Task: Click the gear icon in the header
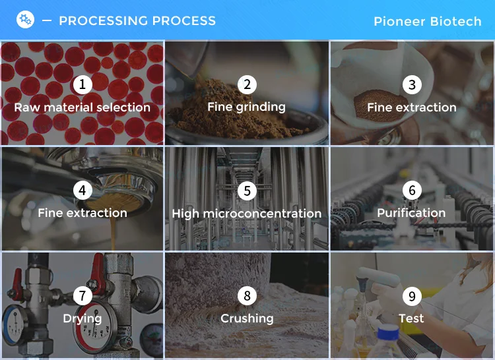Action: point(25,20)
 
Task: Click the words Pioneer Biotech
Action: point(428,22)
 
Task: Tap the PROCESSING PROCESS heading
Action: point(137,21)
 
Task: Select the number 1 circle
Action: point(82,84)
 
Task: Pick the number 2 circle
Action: point(247,84)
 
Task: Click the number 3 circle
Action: point(412,84)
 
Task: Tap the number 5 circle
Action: point(247,191)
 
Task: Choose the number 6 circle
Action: point(412,191)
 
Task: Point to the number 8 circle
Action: point(247,296)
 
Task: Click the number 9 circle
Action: point(412,296)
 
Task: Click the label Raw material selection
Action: point(82,107)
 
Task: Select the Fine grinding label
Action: point(247,107)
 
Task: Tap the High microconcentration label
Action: point(247,214)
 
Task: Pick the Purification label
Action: point(411,213)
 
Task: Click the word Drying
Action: point(82,318)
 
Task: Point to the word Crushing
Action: point(247,318)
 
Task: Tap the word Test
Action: point(411,318)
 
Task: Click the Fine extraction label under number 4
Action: point(82,213)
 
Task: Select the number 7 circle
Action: point(82,296)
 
